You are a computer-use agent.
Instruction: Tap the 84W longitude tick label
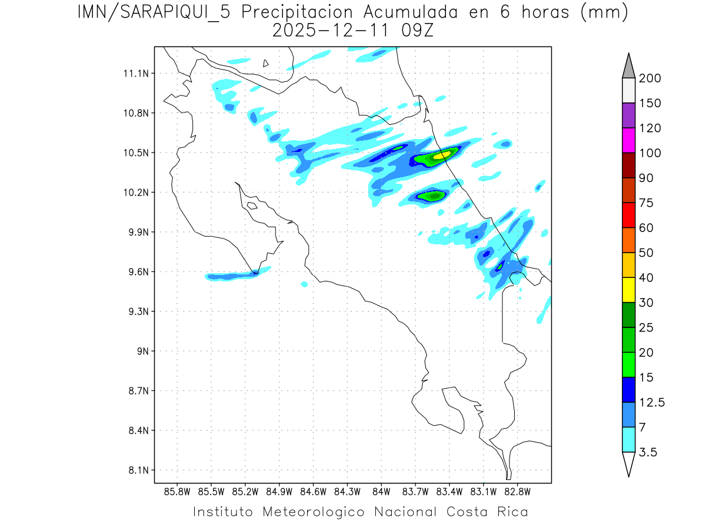tap(381, 491)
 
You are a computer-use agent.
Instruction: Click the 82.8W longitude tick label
tap(517, 491)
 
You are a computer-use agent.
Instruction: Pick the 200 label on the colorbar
tap(650, 78)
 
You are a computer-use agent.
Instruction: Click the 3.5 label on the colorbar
tap(648, 452)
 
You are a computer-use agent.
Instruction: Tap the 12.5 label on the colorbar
tap(652, 402)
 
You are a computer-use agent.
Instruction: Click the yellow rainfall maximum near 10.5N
tap(442, 155)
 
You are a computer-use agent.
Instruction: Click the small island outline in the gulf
tap(252, 206)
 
